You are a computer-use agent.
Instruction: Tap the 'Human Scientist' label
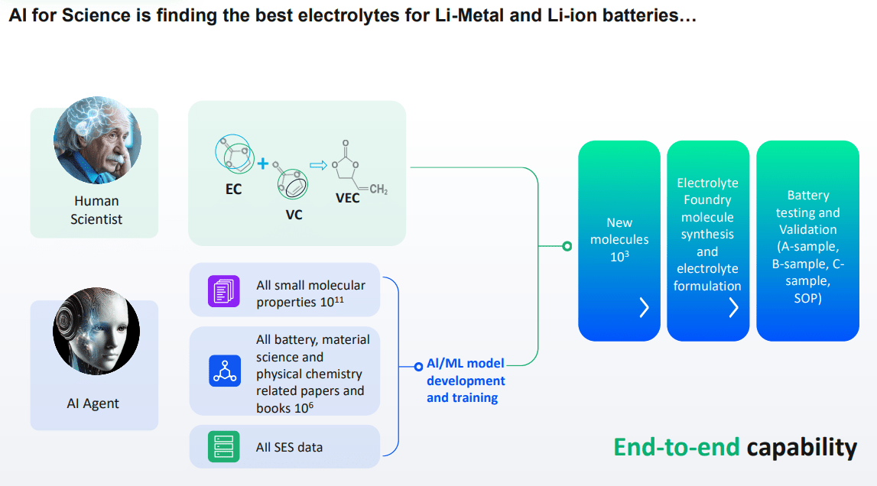tap(97, 210)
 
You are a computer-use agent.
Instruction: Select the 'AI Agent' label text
tap(93, 403)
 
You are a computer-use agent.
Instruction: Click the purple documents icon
tap(224, 292)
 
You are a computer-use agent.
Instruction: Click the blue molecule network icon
tap(224, 371)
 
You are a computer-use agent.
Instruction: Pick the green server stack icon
tap(224, 447)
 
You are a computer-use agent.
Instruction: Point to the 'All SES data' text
tap(290, 448)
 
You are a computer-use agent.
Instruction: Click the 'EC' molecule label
tap(233, 190)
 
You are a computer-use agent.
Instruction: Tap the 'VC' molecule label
tap(294, 215)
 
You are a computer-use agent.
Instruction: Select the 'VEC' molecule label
tap(348, 198)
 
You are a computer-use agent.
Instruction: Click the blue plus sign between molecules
tap(262, 164)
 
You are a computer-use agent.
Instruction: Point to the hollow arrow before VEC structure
tap(317, 164)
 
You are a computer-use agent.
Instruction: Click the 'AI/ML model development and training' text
tap(466, 381)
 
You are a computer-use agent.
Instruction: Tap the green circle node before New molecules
tap(567, 246)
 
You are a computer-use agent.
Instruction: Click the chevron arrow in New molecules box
tap(644, 307)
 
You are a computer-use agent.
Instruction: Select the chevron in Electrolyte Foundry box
tap(733, 307)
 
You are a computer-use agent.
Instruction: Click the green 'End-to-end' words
tap(677, 448)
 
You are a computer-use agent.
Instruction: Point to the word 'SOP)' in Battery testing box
tap(807, 298)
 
